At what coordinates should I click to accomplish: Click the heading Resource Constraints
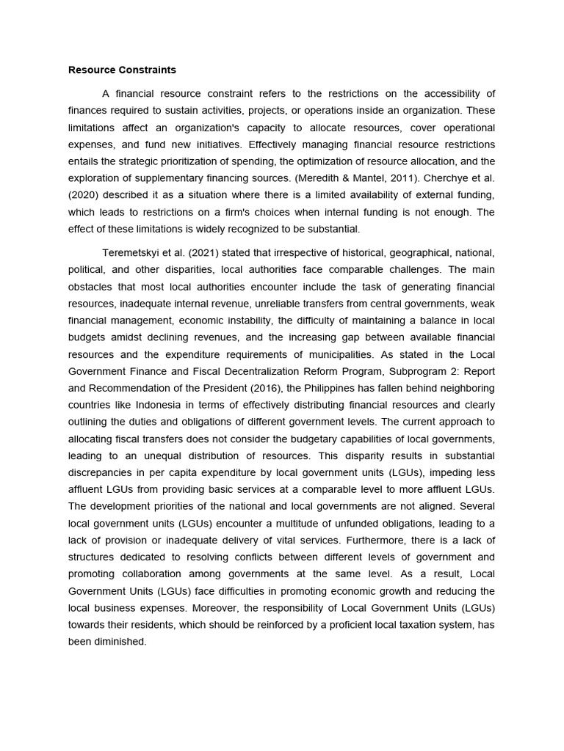click(x=122, y=70)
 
